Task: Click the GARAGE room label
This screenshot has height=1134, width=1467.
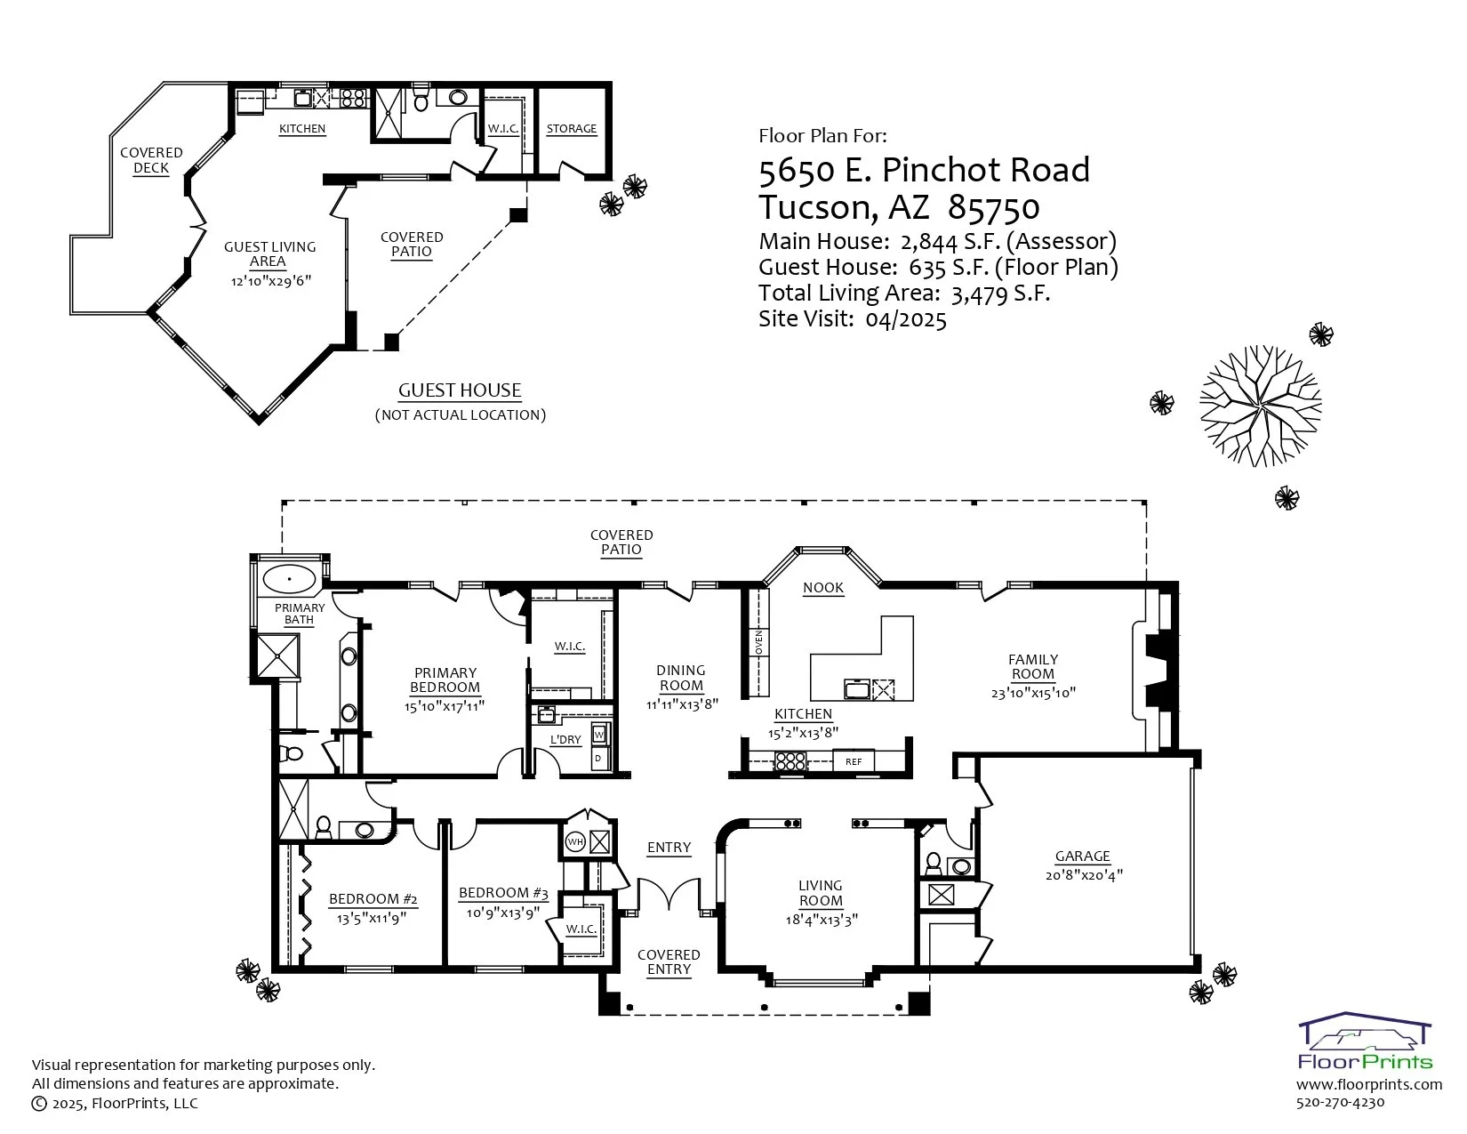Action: [1082, 856]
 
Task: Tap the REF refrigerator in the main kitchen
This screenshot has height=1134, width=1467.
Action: [854, 761]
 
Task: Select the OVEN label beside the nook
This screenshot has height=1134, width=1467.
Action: [758, 641]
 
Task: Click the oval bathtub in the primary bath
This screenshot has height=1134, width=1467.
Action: [289, 580]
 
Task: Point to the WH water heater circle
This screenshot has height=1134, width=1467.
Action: [574, 841]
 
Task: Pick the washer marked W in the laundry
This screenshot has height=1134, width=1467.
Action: [599, 735]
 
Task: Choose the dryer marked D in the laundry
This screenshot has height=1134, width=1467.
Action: [599, 759]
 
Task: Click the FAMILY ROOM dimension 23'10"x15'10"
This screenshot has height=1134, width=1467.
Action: [1033, 693]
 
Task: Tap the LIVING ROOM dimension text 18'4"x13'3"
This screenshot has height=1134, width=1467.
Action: [821, 920]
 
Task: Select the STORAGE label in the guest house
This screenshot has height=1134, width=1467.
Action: [571, 128]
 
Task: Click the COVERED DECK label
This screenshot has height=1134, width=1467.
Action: [151, 160]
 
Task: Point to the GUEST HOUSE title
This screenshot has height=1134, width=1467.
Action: [460, 390]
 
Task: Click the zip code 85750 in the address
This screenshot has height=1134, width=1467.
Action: [993, 208]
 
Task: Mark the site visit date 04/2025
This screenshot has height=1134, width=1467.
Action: [906, 318]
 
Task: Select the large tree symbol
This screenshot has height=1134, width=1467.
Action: [1261, 406]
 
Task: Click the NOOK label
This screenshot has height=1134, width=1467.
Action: [823, 588]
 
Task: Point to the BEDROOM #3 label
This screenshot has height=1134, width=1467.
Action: [503, 893]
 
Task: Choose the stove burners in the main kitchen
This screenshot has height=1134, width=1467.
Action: [790, 761]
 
